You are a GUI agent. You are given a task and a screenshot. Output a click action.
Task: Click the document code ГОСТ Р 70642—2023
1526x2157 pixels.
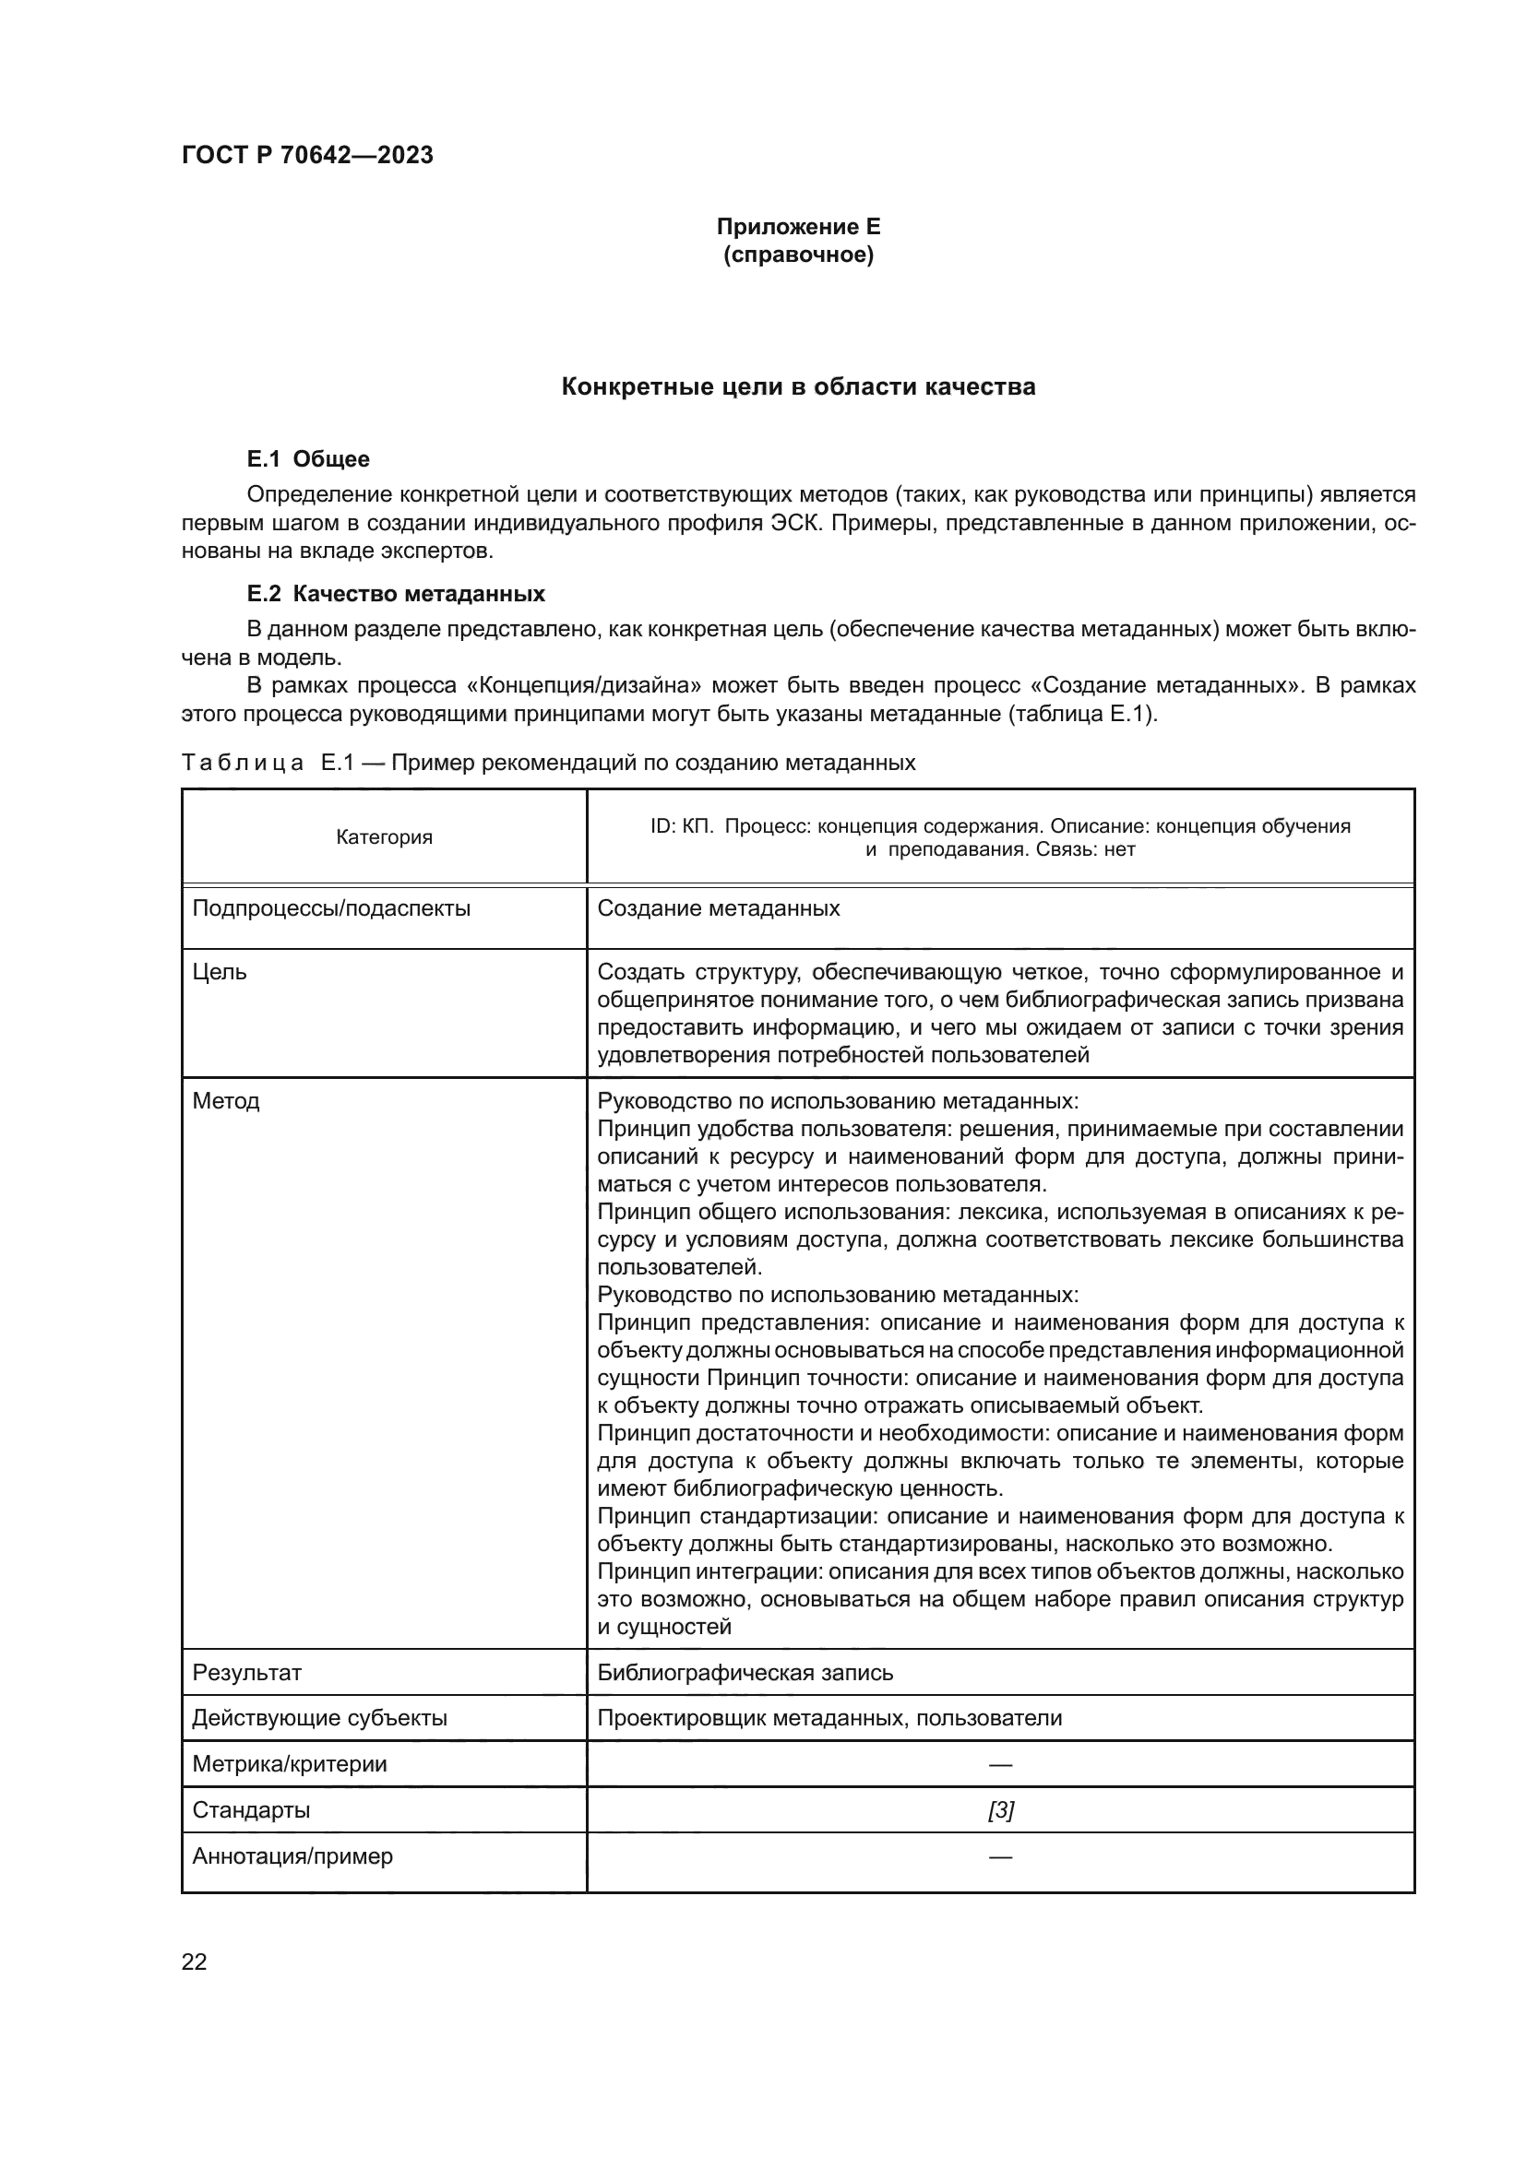[x=307, y=155]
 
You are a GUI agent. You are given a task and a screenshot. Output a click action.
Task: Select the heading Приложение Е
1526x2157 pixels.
[x=798, y=227]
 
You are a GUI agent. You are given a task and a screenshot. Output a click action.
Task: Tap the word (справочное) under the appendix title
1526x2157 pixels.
[x=798, y=255]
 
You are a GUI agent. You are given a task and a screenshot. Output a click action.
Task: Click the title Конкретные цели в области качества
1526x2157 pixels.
[x=798, y=386]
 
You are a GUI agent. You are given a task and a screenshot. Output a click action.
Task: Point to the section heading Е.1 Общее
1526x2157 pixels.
[x=308, y=458]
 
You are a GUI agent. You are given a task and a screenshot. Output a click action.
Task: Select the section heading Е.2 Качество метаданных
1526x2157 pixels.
[x=396, y=594]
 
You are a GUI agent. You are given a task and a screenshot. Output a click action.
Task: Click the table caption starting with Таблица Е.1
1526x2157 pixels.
[x=548, y=762]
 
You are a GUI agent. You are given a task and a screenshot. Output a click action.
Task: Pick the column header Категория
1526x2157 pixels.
[x=385, y=836]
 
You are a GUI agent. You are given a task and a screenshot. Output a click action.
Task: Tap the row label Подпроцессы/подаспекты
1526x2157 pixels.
[x=332, y=908]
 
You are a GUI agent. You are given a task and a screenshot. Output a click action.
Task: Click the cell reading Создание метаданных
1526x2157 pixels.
[x=719, y=908]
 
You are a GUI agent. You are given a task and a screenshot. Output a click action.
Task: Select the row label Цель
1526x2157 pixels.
[x=220, y=971]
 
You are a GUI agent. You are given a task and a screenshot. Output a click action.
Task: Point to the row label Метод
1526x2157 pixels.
[x=225, y=1100]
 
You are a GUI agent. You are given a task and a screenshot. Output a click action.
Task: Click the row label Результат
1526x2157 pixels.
[x=247, y=1672]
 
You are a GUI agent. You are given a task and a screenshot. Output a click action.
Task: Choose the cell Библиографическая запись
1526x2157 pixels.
[x=745, y=1672]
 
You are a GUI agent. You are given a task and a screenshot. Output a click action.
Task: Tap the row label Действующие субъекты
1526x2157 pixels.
[x=319, y=1718]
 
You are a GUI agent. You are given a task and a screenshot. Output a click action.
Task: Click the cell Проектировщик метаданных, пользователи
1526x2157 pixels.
[x=829, y=1718]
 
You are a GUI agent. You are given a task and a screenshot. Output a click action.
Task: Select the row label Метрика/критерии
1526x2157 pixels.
[x=290, y=1764]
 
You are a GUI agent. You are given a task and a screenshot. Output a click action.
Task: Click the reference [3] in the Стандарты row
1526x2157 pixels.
[x=1001, y=1810]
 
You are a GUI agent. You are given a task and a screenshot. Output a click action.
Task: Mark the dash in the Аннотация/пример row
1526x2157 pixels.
[x=1001, y=1856]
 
